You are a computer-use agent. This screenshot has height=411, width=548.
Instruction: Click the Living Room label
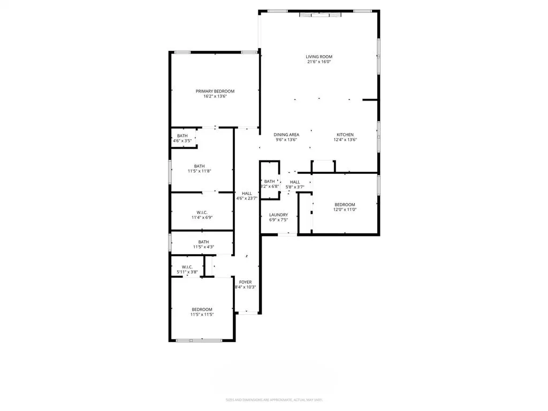tap(319, 56)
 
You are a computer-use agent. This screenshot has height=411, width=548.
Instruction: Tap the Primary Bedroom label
tap(215, 91)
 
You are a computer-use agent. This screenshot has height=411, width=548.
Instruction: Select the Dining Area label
tap(286, 134)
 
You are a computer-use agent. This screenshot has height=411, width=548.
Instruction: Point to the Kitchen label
tap(345, 134)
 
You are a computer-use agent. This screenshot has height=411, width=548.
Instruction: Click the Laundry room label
tap(278, 215)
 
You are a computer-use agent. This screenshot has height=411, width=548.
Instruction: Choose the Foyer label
tap(245, 282)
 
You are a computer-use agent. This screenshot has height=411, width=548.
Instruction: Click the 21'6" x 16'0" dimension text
tap(319, 62)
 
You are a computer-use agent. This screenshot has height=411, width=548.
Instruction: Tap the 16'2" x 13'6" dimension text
tap(215, 96)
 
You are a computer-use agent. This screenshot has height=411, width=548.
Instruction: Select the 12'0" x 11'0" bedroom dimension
tap(345, 210)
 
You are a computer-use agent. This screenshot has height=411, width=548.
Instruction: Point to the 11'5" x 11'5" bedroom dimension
tap(202, 315)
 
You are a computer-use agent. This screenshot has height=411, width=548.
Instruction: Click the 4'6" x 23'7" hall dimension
tap(247, 199)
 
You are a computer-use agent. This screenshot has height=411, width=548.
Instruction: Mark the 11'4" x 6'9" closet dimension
tap(202, 218)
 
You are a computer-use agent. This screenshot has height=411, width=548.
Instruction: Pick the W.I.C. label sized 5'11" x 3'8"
tap(187, 267)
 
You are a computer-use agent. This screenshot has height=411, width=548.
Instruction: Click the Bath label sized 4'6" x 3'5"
tap(182, 135)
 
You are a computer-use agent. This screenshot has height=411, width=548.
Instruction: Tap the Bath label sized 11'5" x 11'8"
tap(200, 166)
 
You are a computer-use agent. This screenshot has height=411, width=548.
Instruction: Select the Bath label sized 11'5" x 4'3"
tap(203, 242)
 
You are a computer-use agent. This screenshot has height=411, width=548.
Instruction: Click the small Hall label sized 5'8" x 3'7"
tap(295, 182)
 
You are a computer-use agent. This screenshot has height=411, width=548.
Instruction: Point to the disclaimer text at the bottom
tap(274, 400)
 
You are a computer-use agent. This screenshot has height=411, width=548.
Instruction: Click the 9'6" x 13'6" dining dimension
tap(286, 140)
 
